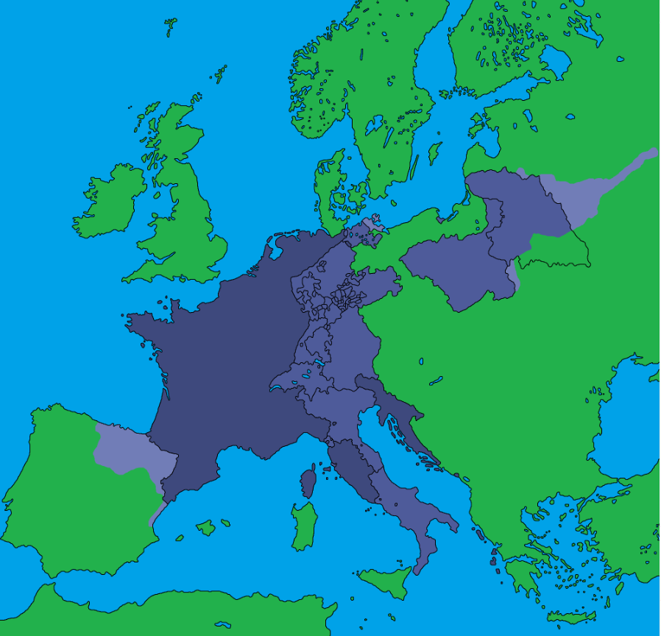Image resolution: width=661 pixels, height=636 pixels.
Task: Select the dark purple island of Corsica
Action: [x=308, y=481]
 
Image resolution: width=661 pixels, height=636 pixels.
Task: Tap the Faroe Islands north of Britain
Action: [x=170, y=28]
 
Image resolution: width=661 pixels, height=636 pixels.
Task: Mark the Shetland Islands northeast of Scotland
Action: [x=219, y=73]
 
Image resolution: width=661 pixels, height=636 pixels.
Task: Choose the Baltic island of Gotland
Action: [x=435, y=152]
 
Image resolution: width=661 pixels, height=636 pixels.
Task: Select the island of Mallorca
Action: [x=206, y=527]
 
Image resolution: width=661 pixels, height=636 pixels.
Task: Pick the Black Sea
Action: [x=626, y=420]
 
